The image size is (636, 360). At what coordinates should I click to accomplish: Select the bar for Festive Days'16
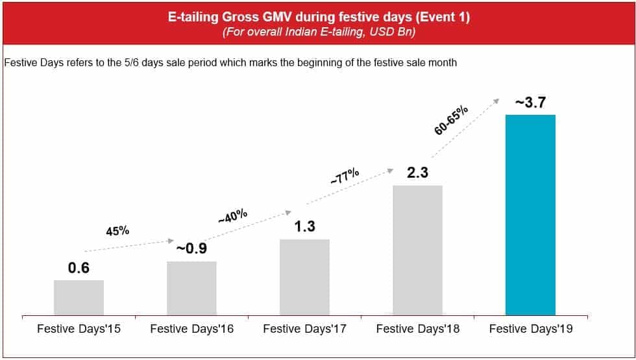pyautogui.click(x=191, y=288)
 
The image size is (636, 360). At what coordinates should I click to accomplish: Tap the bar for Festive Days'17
pyautogui.click(x=304, y=277)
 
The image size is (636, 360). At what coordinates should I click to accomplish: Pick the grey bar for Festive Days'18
pyautogui.click(x=417, y=250)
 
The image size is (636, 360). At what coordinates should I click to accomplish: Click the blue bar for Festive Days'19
pyautogui.click(x=530, y=215)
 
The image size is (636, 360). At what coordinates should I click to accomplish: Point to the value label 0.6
pyautogui.click(x=79, y=267)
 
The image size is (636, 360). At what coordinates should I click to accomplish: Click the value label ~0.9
pyautogui.click(x=191, y=248)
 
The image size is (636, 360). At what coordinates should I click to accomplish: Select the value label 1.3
pyautogui.click(x=304, y=226)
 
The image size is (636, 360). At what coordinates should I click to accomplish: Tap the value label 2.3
pyautogui.click(x=417, y=173)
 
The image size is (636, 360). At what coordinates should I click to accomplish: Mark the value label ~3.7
pyautogui.click(x=530, y=102)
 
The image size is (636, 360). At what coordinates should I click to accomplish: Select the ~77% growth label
pyautogui.click(x=345, y=177)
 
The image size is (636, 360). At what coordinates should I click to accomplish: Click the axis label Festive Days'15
pyautogui.click(x=79, y=329)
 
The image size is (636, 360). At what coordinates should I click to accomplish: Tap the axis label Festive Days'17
pyautogui.click(x=304, y=329)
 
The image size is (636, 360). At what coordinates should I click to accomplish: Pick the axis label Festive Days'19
pyautogui.click(x=530, y=329)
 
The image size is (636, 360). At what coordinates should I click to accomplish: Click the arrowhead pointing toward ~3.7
pyautogui.click(x=498, y=99)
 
